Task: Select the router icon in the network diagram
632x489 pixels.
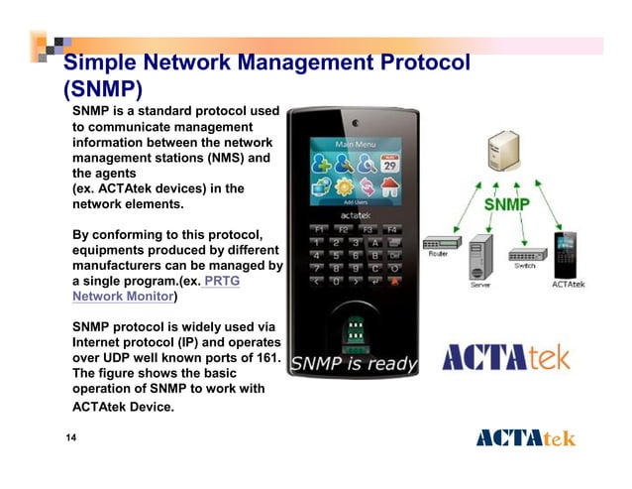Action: click(438, 244)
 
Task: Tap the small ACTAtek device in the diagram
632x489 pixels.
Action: click(565, 254)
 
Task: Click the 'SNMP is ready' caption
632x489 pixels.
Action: click(353, 364)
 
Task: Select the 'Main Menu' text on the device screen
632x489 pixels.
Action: click(356, 144)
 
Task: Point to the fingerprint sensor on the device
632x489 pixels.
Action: click(354, 328)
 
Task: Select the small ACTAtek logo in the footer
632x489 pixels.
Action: click(525, 438)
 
